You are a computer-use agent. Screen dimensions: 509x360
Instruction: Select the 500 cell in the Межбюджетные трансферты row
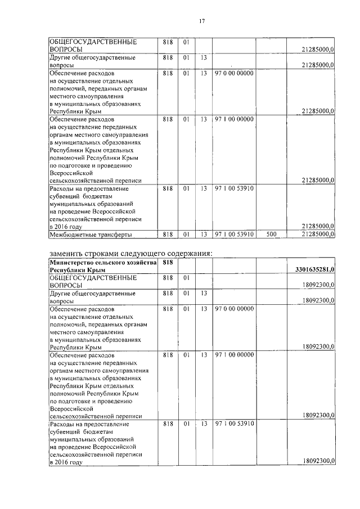click(271, 234)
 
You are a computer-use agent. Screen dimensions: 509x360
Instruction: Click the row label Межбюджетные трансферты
click(83, 234)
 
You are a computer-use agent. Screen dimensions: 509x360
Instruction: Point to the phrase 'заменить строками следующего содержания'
click(130, 253)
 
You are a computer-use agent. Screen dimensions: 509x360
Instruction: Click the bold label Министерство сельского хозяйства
click(101, 262)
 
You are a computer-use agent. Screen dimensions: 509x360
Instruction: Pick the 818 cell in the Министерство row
click(167, 262)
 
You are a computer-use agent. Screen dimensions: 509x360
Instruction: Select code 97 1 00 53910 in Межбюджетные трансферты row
click(233, 234)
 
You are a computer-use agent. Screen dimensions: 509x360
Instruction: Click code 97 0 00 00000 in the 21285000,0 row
click(233, 73)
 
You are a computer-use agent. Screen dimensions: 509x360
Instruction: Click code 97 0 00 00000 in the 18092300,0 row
click(233, 309)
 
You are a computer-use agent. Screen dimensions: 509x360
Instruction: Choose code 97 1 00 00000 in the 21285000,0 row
click(233, 119)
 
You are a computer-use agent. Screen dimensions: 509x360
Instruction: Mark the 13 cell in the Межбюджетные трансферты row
click(203, 234)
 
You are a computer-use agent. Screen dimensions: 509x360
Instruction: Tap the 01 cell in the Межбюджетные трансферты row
click(186, 234)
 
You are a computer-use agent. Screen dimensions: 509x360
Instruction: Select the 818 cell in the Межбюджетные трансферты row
click(167, 234)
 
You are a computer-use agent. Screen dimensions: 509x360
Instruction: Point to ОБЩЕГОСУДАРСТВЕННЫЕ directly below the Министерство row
click(93, 278)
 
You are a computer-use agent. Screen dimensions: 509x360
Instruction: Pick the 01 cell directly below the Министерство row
click(186, 278)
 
